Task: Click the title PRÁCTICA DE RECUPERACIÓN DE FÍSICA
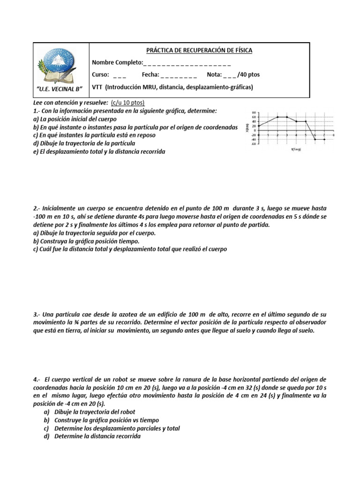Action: pyautogui.click(x=199, y=50)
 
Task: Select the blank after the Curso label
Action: pyautogui.click(x=120, y=75)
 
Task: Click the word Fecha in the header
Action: pyautogui.click(x=150, y=75)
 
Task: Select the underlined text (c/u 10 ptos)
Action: pyautogui.click(x=128, y=102)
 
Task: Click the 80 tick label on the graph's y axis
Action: pyautogui.click(x=254, y=113)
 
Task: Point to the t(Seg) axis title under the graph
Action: pyautogui.click(x=296, y=150)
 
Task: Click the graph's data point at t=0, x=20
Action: pyautogui.click(x=259, y=126)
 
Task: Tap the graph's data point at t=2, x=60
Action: pyautogui.click(x=277, y=117)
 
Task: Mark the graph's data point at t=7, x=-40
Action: pyautogui.click(x=324, y=139)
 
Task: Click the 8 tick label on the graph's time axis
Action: pyautogui.click(x=333, y=135)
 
